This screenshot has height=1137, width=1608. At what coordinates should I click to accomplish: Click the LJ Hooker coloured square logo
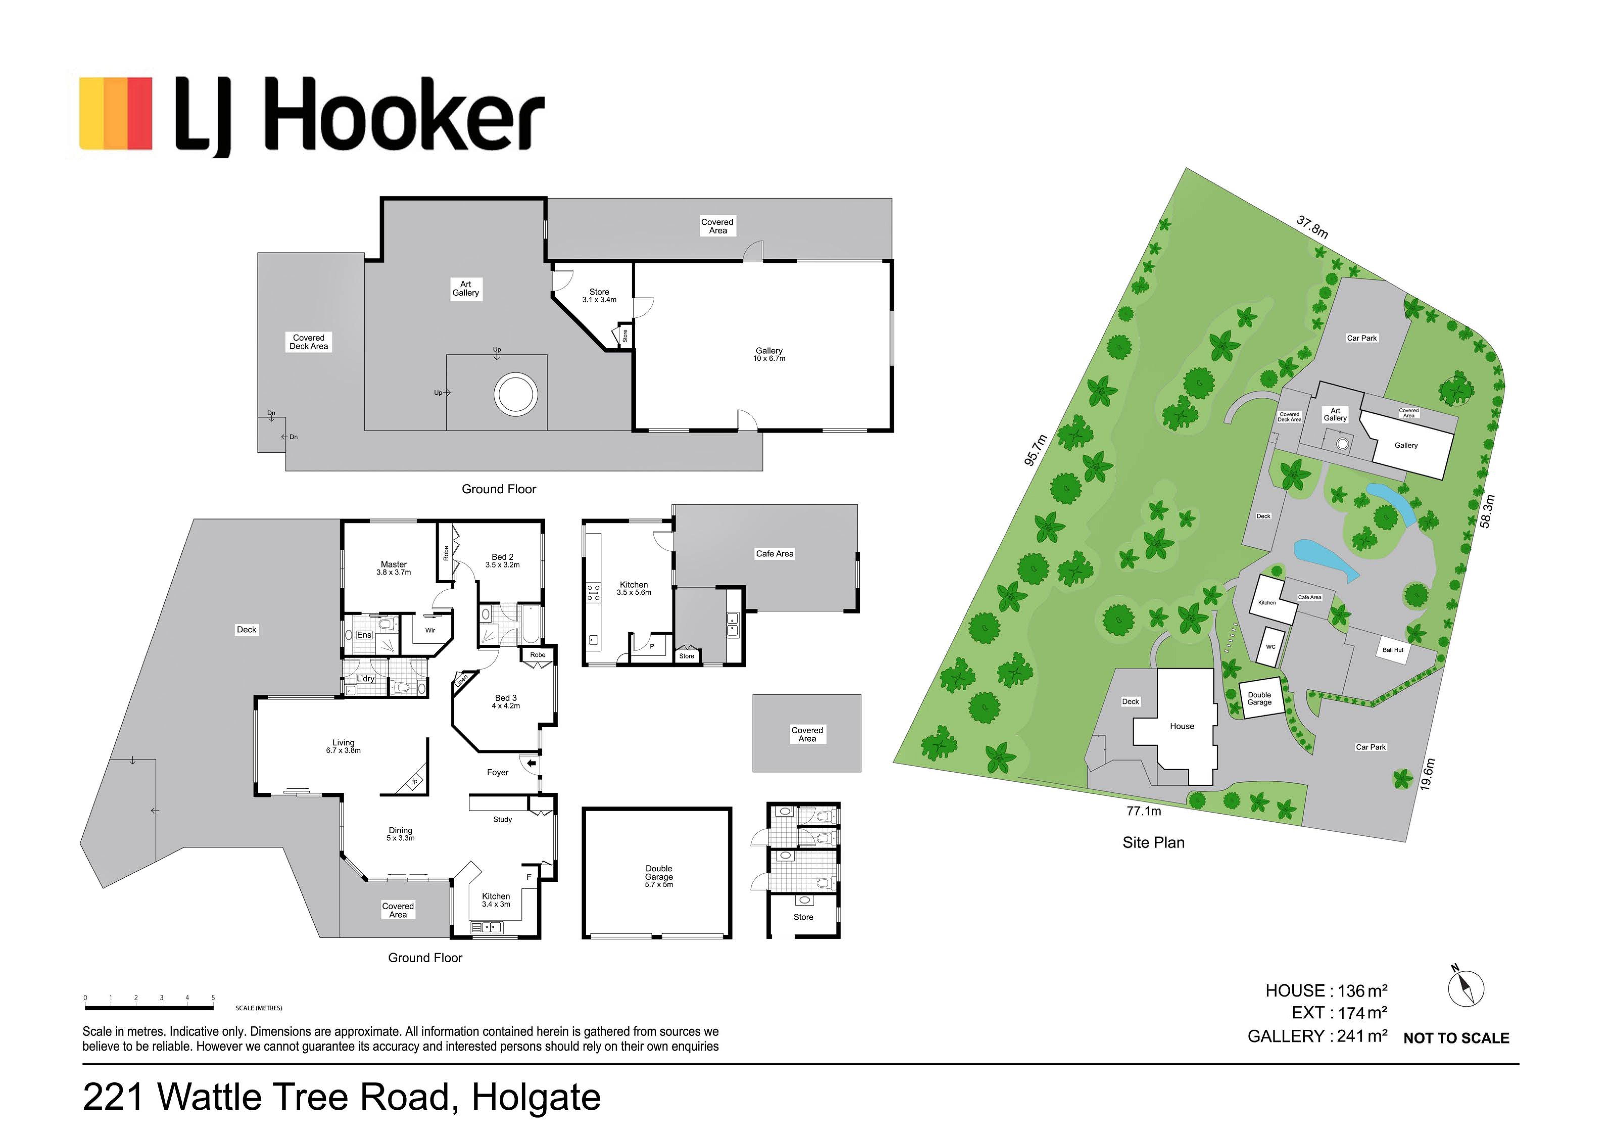[x=115, y=113]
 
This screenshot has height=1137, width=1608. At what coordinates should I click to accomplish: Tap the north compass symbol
[x=1466, y=986]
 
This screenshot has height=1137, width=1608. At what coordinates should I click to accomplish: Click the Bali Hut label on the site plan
[x=1393, y=650]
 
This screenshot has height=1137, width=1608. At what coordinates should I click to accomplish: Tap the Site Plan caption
[x=1154, y=843]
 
